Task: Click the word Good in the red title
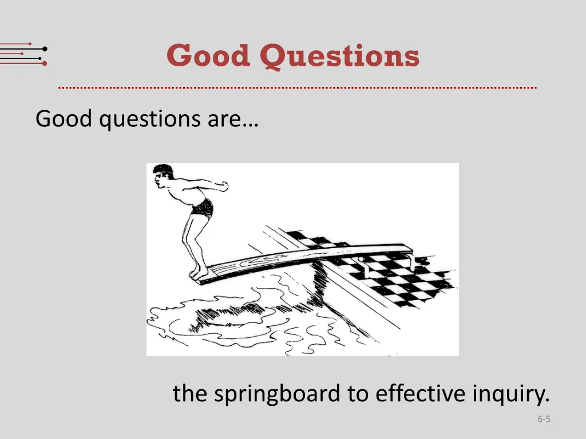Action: click(208, 56)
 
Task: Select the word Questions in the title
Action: click(339, 57)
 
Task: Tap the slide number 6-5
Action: click(544, 420)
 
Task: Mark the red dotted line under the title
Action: click(298, 88)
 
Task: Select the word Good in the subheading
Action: click(63, 119)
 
